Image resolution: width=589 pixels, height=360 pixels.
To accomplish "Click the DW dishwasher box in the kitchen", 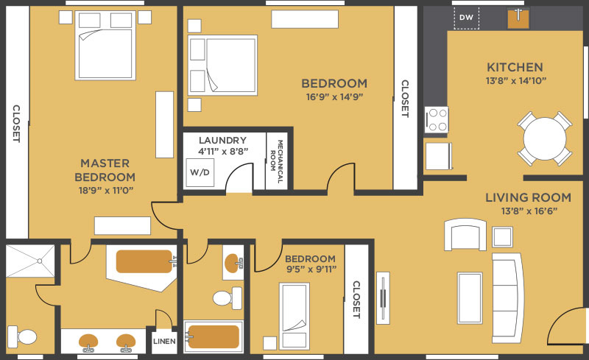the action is point(466,18).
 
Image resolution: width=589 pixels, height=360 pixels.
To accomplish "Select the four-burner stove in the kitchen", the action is point(437,119).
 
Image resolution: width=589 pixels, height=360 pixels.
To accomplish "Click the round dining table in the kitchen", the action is point(544,138).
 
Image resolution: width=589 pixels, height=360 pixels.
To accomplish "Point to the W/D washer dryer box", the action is point(200,172).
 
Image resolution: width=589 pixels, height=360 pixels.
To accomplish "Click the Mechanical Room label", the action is point(277,161).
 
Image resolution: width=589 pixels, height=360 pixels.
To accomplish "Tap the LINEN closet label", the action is point(164,341).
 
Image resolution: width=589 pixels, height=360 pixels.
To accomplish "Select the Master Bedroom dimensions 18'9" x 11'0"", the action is point(106,191).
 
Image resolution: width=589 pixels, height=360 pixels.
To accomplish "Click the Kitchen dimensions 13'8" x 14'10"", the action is point(515,81).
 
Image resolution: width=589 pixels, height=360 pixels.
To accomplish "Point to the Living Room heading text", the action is point(528,197).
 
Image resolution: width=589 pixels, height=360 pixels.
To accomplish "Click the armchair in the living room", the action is point(465,235).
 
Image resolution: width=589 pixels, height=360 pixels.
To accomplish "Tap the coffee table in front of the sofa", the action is point(470,297).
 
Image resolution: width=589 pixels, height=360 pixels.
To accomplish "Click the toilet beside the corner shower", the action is point(22,336).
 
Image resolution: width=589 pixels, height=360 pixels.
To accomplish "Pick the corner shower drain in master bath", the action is point(40,261).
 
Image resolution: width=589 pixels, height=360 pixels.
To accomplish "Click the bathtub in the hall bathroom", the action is point(213,336).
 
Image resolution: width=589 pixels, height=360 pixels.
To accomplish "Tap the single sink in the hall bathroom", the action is point(233,263).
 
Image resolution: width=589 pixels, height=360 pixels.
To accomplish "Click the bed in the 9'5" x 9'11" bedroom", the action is point(294,316).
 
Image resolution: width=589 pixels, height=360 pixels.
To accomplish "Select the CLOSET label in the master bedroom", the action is point(16,124).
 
